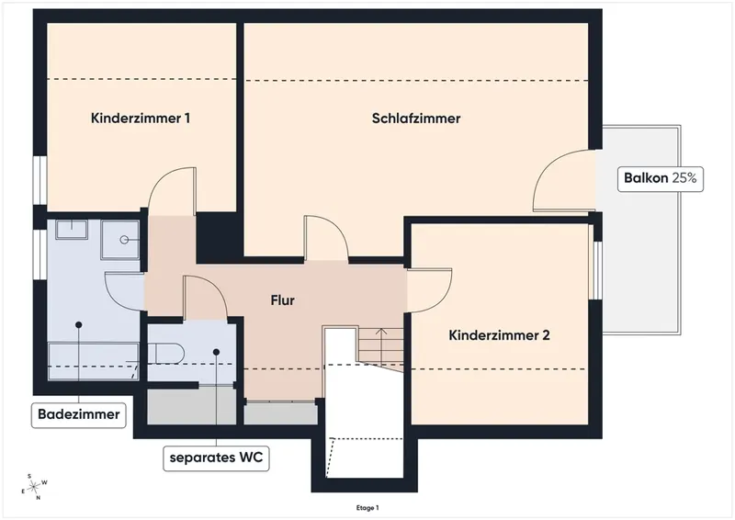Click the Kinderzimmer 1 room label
coord(141,119)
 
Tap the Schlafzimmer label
coord(416,119)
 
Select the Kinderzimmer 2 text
coord(499,335)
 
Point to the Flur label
coord(283,300)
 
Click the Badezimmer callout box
coord(79,414)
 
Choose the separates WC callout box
coord(216,458)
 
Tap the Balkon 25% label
coord(660,178)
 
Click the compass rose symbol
coord(34,487)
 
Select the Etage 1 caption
coord(367,508)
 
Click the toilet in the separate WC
coord(166,354)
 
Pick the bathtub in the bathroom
coord(94,360)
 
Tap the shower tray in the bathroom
coord(120,240)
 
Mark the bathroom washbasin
coord(72,230)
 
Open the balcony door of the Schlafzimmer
coord(565,180)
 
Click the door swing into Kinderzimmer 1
coord(172,191)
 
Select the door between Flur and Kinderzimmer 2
coord(429,289)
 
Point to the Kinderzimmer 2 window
coord(595,270)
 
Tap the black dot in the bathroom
coord(79,325)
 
